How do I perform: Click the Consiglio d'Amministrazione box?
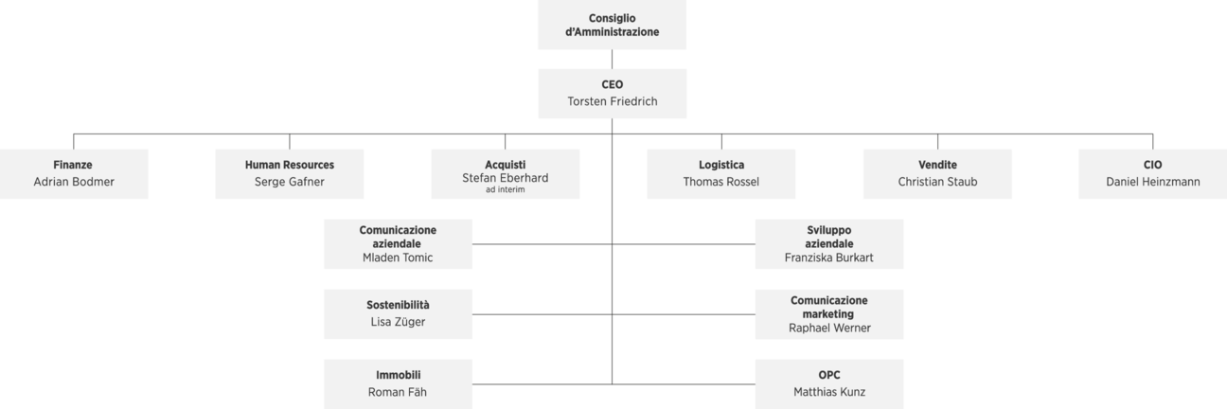point(612,25)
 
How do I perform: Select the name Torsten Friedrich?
point(612,101)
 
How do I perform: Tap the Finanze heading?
point(73,165)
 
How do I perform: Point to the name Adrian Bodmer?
point(74,182)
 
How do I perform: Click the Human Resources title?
point(289,165)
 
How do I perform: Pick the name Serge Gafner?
point(289,182)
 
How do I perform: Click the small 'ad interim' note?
point(505,190)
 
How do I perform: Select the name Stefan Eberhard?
point(505,178)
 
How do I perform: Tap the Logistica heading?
point(720,165)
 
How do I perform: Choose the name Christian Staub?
point(937,182)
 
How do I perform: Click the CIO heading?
point(1152,165)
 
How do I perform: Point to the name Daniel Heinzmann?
point(1152,182)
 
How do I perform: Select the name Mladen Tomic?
point(398,258)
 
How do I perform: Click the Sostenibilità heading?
point(398,305)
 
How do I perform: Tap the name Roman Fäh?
point(397,392)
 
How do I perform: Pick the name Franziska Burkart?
point(828,258)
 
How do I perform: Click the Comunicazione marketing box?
point(828,314)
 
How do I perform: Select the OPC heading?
point(828,375)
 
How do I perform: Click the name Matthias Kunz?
point(829,392)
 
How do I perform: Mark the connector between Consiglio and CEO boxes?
point(612,59)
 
